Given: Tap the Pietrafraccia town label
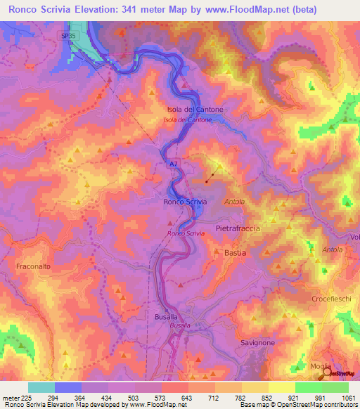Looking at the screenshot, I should coord(238,228).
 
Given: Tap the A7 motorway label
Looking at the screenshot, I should coord(173,164).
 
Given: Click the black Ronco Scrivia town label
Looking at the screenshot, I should coord(185,202).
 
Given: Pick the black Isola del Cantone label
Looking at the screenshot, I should coord(195,110).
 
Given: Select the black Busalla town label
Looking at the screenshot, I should coord(175,317).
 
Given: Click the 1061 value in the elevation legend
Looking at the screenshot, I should coord(349,397).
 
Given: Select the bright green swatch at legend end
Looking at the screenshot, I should coord(335,387).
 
